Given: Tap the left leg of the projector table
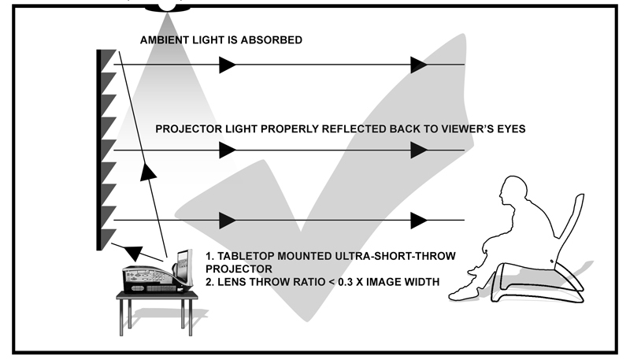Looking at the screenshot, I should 123,314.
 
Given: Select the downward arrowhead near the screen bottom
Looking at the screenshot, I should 134,252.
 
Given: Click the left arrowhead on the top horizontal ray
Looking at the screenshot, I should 227,65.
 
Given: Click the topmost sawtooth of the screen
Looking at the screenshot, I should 107,58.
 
